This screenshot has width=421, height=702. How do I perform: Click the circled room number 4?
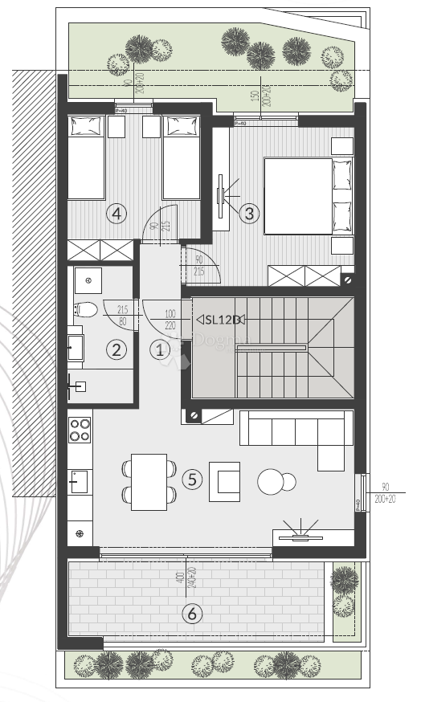117,213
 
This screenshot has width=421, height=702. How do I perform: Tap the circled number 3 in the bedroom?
249,213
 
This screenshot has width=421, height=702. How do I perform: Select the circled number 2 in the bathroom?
117,349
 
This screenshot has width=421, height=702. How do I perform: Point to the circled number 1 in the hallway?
159,349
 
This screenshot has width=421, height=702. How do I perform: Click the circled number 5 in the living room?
191,480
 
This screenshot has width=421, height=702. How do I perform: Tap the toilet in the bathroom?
86,308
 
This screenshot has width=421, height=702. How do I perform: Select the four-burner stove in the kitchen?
79,431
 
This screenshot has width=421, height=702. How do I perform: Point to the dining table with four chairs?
149,481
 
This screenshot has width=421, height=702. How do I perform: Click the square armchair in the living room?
224,481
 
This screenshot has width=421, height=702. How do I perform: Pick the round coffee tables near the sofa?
276,481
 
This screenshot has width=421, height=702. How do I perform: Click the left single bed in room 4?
87,158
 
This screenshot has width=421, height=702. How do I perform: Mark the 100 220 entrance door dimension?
170,319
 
